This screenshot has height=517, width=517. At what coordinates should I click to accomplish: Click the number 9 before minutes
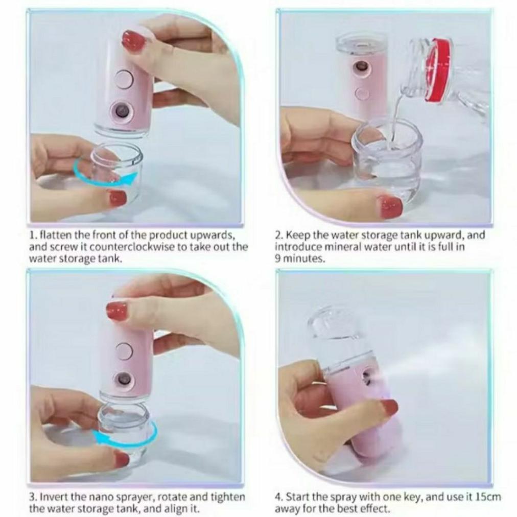[278, 258]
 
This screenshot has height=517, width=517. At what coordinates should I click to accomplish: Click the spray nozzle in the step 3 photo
[123, 378]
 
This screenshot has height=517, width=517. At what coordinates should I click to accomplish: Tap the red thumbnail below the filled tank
[389, 206]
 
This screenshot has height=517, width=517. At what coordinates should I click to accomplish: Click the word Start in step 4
[298, 497]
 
